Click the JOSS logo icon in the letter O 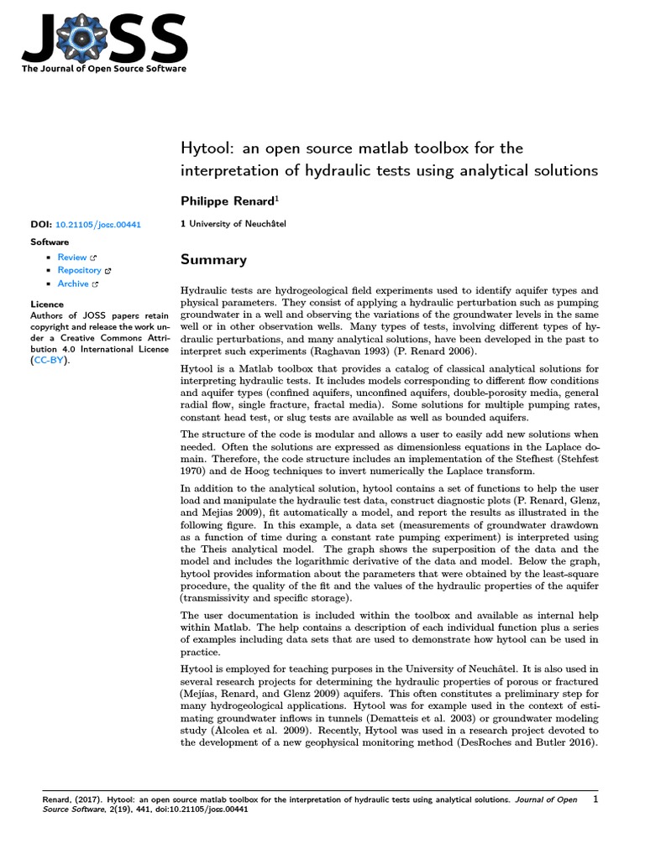click(x=87, y=35)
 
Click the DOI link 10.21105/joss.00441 click(x=97, y=226)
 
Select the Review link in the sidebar click(x=72, y=258)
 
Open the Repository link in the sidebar click(x=79, y=271)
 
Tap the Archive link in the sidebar click(x=73, y=284)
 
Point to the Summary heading click(x=213, y=260)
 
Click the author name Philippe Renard click(x=227, y=202)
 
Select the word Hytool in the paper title click(x=207, y=148)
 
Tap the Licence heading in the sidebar click(x=46, y=305)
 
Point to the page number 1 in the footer click(x=595, y=800)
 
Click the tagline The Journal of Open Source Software click(x=104, y=69)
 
